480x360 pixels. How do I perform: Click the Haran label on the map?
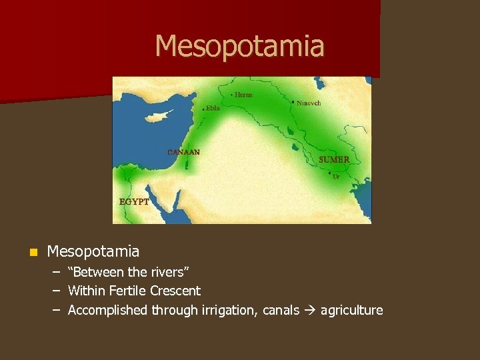click(x=244, y=95)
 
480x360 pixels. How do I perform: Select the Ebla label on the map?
click(x=213, y=108)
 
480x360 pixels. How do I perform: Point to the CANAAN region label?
click(x=183, y=152)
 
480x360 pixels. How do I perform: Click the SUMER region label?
click(x=334, y=160)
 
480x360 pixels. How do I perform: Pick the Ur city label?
click(x=337, y=177)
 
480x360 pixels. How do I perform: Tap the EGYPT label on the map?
click(x=134, y=201)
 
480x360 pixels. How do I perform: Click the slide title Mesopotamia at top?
click(x=239, y=46)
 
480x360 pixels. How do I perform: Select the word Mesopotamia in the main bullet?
click(x=93, y=251)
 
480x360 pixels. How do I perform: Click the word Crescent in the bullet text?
click(x=175, y=291)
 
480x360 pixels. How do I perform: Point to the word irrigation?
click(x=225, y=310)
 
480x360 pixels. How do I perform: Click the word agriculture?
click(x=351, y=310)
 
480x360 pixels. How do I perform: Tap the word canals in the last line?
click(x=281, y=310)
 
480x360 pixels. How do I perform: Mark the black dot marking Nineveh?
click(x=293, y=102)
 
